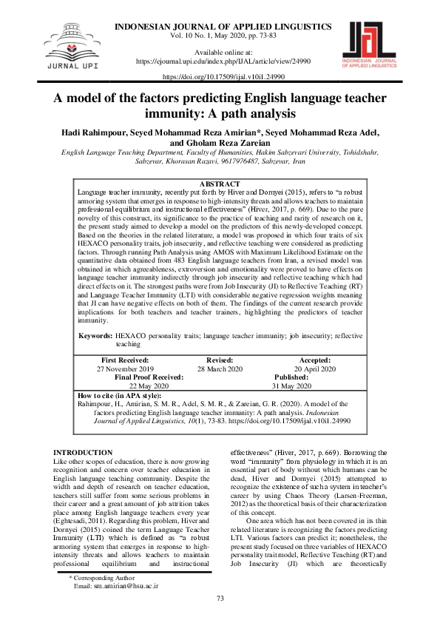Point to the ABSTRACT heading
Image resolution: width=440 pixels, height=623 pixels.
coord(220,183)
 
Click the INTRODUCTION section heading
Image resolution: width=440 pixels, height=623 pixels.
coord(84,452)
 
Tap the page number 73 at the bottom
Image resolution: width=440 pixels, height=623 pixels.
coord(220,598)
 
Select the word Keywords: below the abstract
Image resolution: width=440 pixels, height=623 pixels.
coord(95,336)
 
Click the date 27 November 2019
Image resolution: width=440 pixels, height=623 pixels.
coord(125,368)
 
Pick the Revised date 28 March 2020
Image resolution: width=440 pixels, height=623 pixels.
coord(220,368)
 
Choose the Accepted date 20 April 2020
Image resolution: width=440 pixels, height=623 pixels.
coord(315,368)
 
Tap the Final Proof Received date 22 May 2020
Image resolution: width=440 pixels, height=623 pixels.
coord(149,385)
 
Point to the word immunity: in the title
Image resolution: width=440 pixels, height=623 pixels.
coord(174,115)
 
